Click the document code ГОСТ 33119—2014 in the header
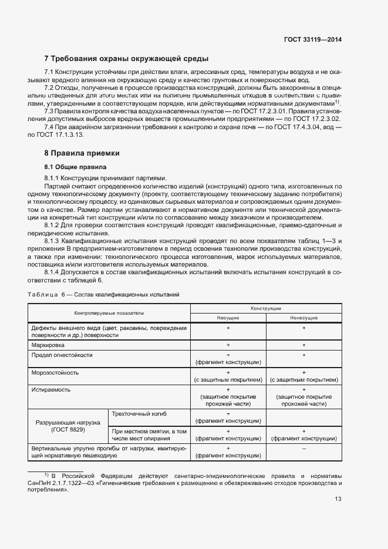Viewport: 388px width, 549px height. coord(313,39)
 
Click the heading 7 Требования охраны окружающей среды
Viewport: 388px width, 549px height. coord(126,59)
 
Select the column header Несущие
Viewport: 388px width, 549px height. coord(228,318)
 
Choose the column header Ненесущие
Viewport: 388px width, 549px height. coord(304,318)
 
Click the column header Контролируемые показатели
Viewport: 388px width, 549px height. coord(109,313)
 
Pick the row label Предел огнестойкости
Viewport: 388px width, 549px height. coord(62,355)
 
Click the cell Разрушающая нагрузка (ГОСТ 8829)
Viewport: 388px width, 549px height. coord(68,426)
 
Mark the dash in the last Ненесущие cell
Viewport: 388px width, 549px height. coord(304,448)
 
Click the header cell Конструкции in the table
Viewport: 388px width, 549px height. coord(266,308)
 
